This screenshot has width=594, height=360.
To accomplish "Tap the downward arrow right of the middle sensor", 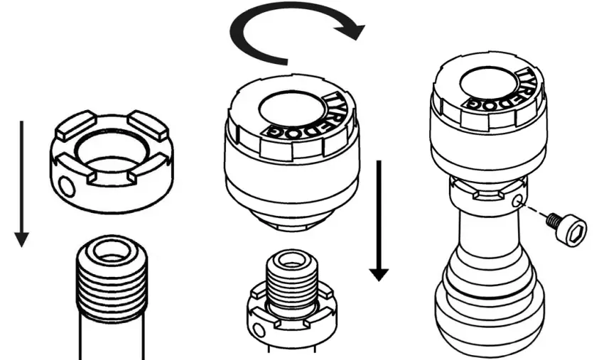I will coord(380,220).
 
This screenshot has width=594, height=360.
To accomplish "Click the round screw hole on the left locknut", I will coord(65,186).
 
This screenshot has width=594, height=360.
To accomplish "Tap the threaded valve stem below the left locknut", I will coord(113,284).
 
